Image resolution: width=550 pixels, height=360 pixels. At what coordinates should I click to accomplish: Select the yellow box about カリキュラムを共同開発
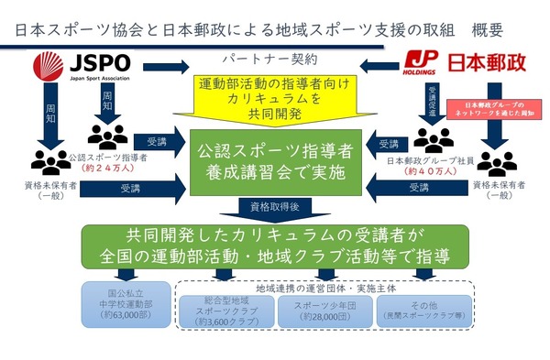274,96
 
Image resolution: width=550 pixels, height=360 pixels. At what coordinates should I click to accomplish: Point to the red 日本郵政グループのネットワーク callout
494,110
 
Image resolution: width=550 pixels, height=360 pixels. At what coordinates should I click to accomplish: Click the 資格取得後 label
274,207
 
